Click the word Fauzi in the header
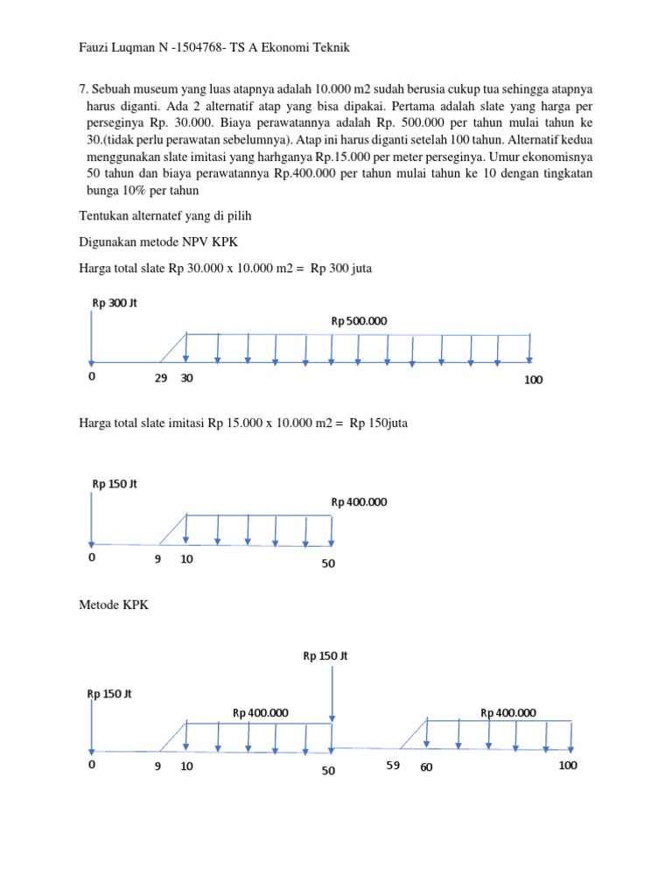click(95, 47)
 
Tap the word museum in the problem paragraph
click(157, 89)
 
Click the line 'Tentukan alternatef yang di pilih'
click(161, 215)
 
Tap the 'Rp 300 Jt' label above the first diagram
click(115, 303)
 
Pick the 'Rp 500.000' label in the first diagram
click(358, 321)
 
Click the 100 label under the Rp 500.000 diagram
click(534, 380)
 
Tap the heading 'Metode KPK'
click(114, 605)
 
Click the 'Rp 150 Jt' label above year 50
click(325, 655)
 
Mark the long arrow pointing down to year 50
click(332, 709)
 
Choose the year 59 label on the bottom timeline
click(393, 765)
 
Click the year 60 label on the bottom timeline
click(426, 766)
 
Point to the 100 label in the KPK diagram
click(568, 765)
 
